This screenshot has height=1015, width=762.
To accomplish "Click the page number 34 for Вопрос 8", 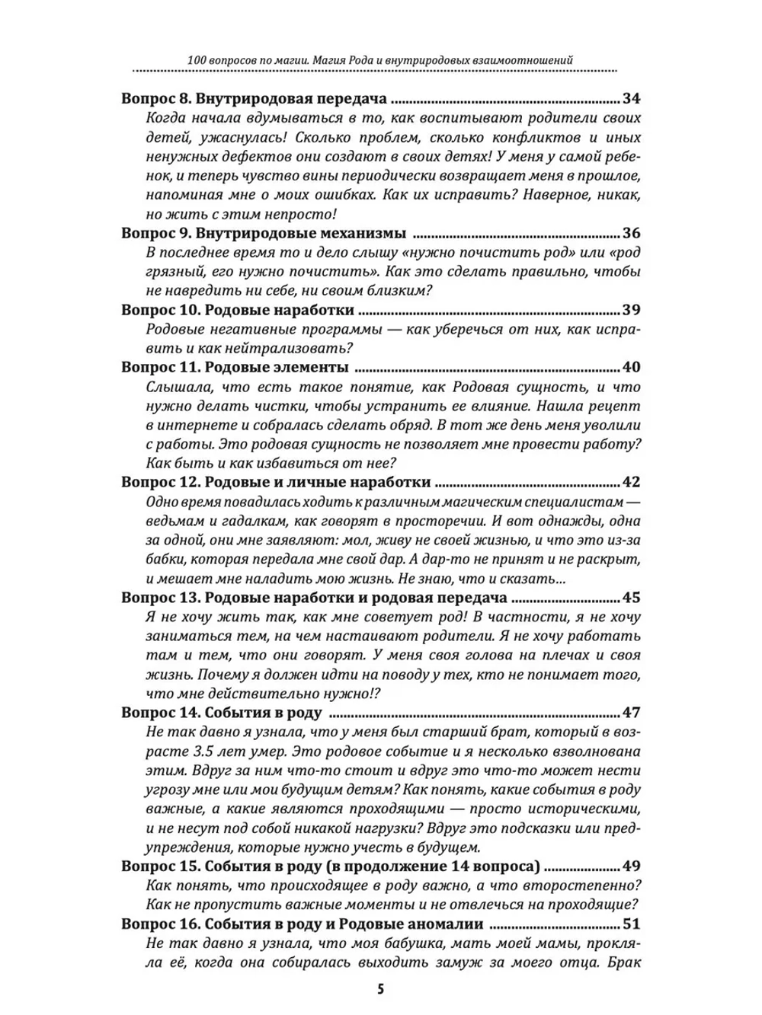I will (632, 98).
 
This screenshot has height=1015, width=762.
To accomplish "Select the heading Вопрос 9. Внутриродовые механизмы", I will (264, 233).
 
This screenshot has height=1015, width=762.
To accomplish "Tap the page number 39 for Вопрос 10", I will (632, 310).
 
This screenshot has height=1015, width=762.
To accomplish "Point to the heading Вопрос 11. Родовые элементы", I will (235, 367).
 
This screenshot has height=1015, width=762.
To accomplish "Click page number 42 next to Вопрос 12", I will (632, 482).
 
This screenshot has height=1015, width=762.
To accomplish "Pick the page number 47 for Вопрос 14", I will (632, 712).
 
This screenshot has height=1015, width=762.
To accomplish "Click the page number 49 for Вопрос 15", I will (632, 865).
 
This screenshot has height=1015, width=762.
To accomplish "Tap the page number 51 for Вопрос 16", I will (632, 924).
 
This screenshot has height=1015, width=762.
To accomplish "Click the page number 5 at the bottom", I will (380, 989).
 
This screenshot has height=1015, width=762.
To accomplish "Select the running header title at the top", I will (380, 59).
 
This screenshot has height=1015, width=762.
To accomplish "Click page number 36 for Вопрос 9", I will (632, 233).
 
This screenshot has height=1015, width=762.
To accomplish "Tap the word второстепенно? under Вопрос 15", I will (584, 885).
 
